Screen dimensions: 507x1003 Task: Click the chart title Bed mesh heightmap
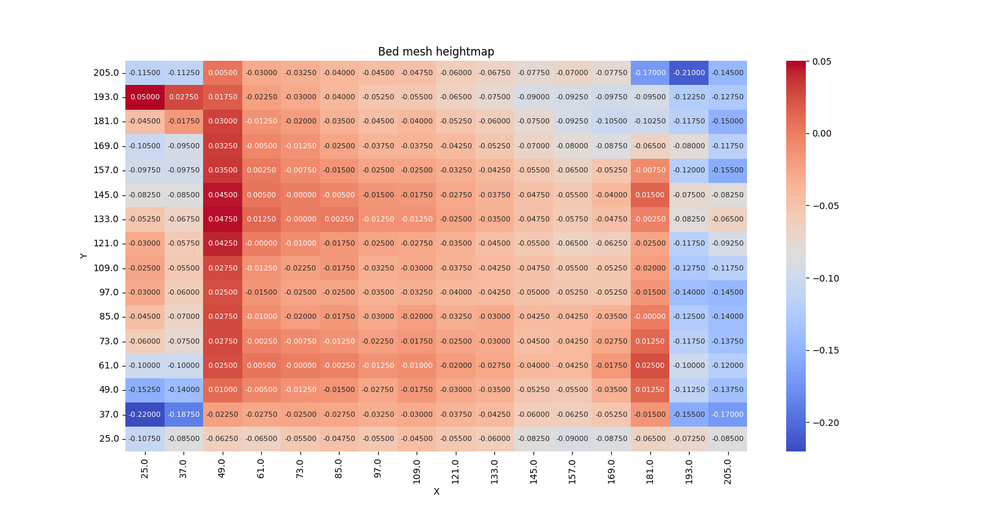436,52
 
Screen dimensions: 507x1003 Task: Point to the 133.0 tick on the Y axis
106,219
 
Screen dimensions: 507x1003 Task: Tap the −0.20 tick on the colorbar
825,423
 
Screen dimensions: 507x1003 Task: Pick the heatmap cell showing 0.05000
144,97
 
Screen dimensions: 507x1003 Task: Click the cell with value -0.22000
144,414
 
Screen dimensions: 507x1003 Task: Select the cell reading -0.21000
688,73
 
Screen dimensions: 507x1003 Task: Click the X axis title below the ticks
436,491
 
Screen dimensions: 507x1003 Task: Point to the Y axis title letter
84,255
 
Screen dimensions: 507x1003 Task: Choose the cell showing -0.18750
183,414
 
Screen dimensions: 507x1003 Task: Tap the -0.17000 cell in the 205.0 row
650,73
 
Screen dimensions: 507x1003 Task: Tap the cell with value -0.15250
144,389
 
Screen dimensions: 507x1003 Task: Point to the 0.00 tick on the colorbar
823,133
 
